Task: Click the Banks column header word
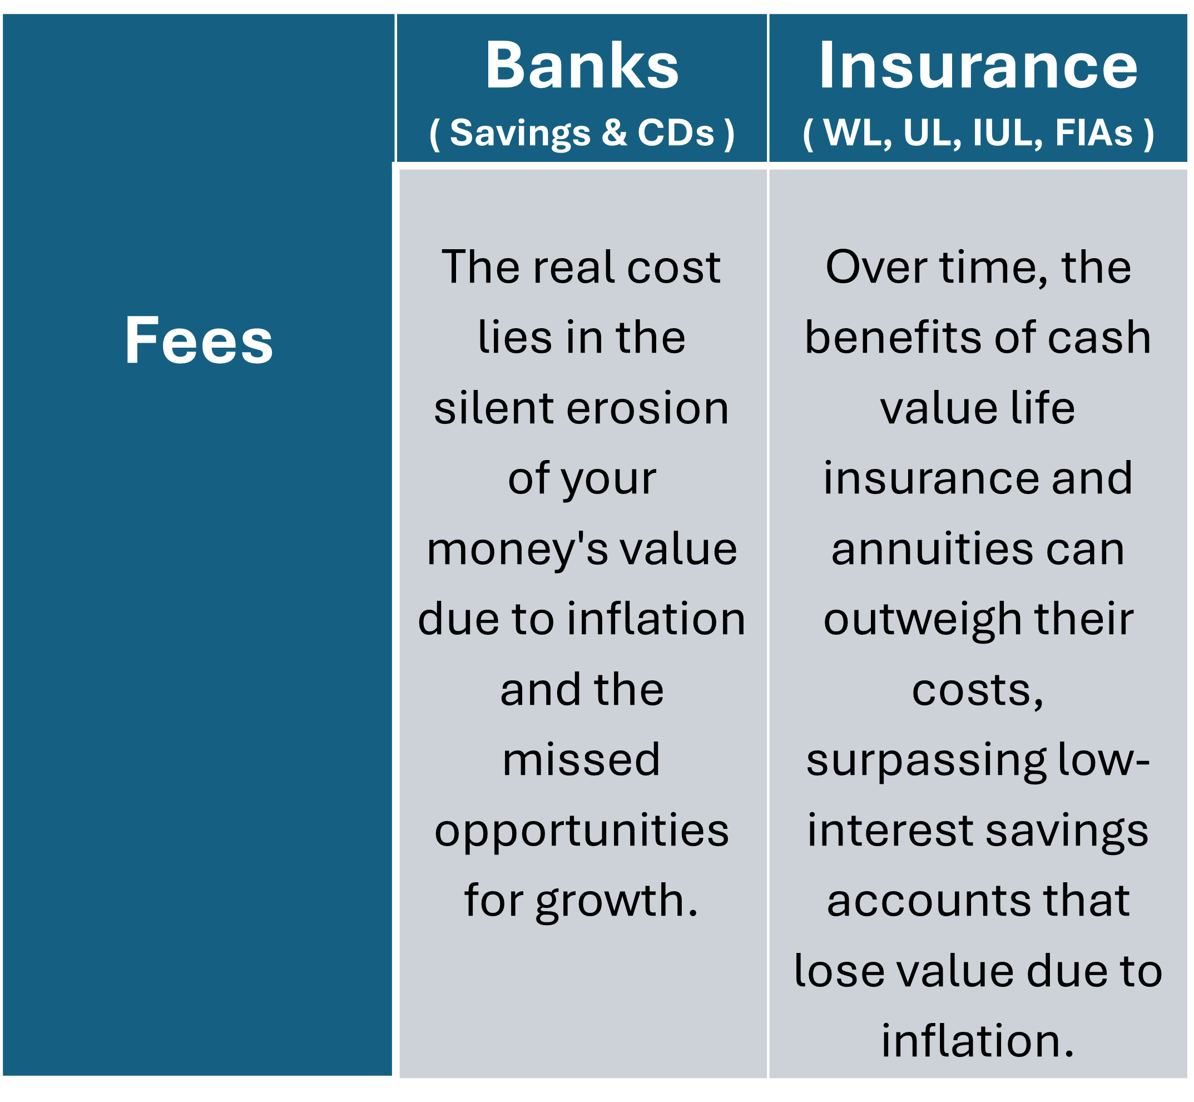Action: pyautogui.click(x=582, y=66)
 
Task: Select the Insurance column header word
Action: pyautogui.click(x=978, y=66)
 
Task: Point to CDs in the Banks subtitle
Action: pyautogui.click(x=676, y=132)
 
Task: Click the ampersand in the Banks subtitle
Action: pyautogui.click(x=614, y=132)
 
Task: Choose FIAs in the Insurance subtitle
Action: pyautogui.click(x=1094, y=132)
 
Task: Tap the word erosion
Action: pyautogui.click(x=647, y=409)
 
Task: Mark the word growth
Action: pyautogui.click(x=616, y=902)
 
